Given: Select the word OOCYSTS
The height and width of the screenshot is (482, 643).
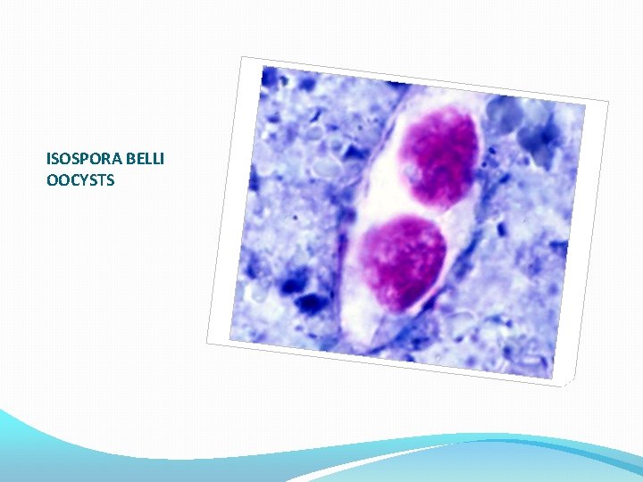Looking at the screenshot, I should (x=80, y=180).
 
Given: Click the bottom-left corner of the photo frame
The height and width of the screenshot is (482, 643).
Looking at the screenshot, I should (x=208, y=343).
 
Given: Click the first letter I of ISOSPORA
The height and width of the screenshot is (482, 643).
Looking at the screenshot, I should (x=48, y=161).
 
